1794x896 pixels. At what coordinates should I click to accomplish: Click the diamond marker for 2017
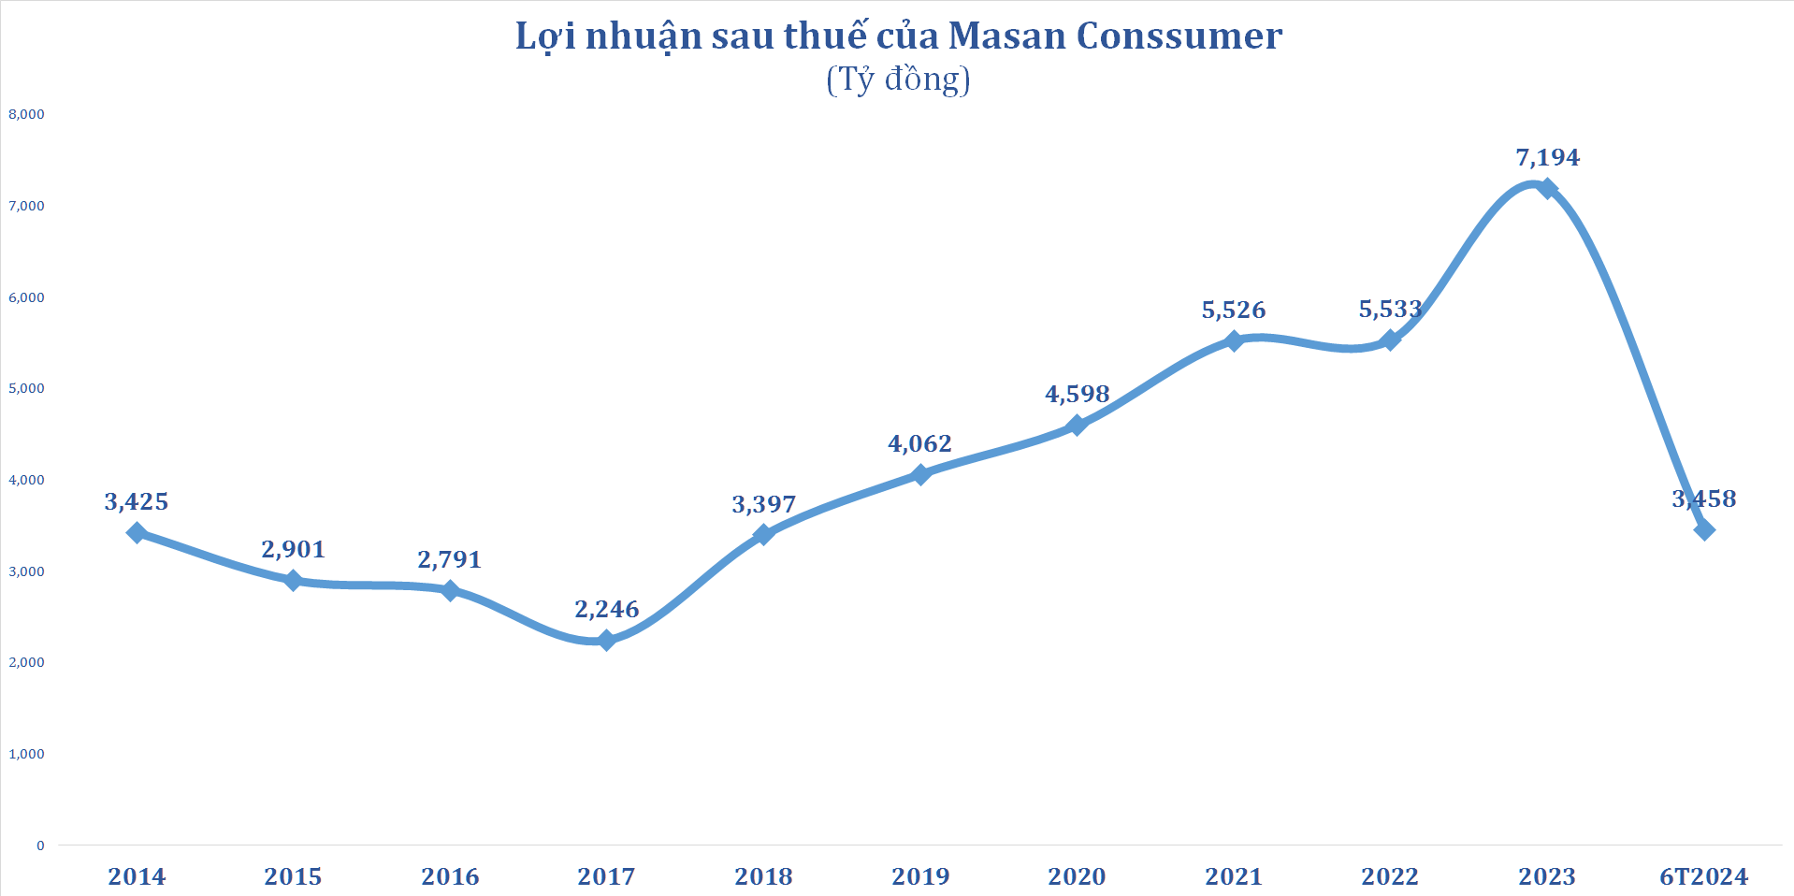point(606,641)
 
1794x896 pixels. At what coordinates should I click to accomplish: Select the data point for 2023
point(1547,188)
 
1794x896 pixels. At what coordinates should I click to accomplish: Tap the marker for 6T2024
point(1704,530)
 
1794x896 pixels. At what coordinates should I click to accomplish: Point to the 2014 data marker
point(137,533)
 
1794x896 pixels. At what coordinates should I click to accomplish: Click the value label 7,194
point(1547,157)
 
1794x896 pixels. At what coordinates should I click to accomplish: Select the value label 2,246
point(606,609)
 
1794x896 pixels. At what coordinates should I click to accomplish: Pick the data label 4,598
point(1077,394)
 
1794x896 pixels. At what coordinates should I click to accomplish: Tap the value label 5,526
point(1233,310)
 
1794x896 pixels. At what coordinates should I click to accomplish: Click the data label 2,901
point(293,549)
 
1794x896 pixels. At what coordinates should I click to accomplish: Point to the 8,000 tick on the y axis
point(26,114)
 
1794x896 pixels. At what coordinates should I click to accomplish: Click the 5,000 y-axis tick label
point(26,388)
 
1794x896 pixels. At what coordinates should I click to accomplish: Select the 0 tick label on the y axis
point(40,845)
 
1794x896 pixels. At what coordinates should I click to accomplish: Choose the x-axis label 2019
point(920,876)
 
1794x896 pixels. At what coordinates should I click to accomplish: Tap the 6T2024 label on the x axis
point(1703,876)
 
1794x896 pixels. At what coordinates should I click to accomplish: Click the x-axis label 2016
point(450,876)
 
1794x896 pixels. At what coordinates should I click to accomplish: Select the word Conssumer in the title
point(1179,36)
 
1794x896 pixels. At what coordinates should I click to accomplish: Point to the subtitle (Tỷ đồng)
point(898,79)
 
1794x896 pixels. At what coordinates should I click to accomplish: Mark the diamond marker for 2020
point(1077,425)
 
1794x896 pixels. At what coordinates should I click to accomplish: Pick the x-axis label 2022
point(1390,876)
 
